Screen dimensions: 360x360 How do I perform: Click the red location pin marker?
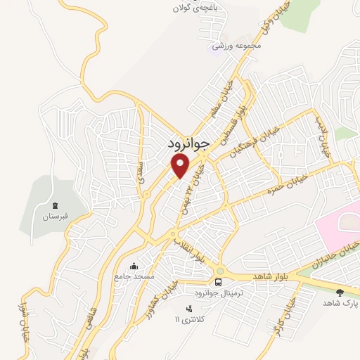pos(181,166)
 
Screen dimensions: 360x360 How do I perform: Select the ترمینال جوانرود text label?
pos(218,293)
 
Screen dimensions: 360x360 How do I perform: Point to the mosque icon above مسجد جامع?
pos(134,266)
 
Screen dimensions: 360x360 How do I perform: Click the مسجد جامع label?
pos(134,276)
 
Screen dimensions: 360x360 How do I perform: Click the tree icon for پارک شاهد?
pos(340,291)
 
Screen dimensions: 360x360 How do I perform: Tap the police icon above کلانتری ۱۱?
pos(188,309)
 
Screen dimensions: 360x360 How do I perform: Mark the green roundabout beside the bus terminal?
pos(220,270)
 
